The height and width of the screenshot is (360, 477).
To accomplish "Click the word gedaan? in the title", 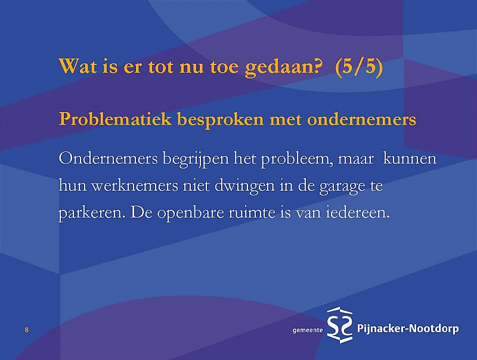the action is [283, 67].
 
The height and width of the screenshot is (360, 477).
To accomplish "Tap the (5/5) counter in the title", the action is [359, 67].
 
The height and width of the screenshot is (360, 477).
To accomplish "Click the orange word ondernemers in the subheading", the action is [361, 120].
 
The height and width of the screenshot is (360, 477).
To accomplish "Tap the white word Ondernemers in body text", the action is [109, 159].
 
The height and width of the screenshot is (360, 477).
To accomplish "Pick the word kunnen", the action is [410, 159].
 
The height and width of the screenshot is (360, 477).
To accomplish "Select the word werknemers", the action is [135, 185].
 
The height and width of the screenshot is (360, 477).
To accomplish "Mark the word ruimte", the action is [251, 212].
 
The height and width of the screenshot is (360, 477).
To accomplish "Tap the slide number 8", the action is [26, 330].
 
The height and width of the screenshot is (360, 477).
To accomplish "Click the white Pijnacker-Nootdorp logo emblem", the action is [340, 325].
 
